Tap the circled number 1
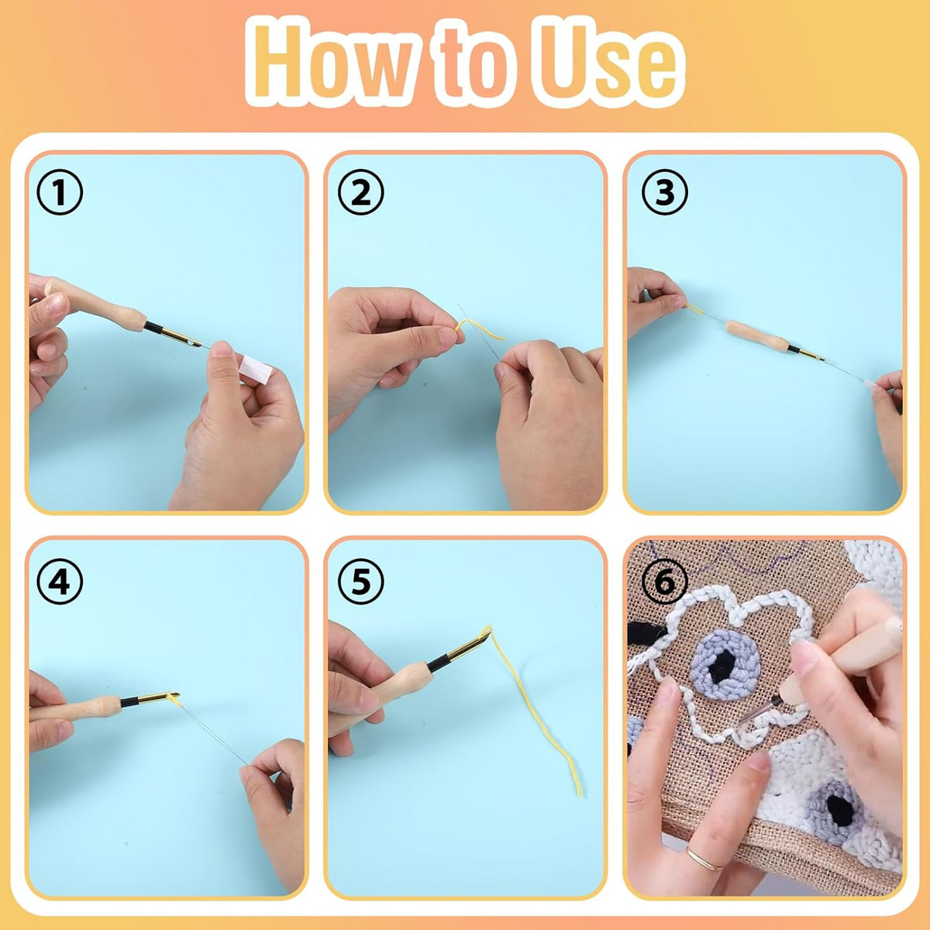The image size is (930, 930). click(x=60, y=193)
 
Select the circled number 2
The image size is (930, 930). click(x=361, y=193)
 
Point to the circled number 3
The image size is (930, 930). click(x=665, y=193)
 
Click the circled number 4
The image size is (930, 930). click(x=60, y=581)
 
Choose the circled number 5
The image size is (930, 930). click(x=361, y=581)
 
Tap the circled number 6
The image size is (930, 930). click(x=665, y=581)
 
